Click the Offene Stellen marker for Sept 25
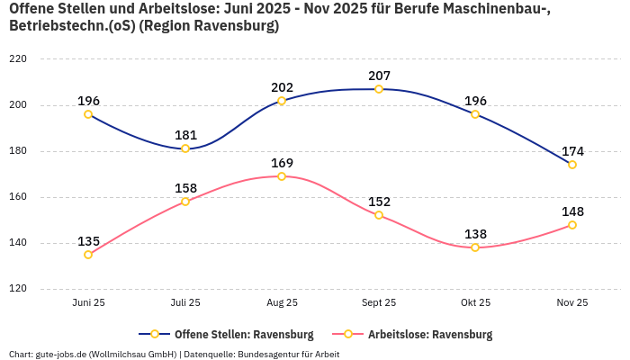(379, 89)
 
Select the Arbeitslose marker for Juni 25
(88, 255)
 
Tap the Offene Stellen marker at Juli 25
(185, 148)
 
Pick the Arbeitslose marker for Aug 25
(282, 176)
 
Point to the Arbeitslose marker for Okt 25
(475, 247)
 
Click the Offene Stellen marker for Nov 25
(572, 165)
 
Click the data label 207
(379, 76)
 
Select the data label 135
(88, 241)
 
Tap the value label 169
(282, 163)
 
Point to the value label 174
(572, 151)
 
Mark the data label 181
(185, 135)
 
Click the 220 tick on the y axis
(18, 59)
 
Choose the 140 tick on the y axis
(18, 243)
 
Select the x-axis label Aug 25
(282, 302)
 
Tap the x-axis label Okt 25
(475, 302)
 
